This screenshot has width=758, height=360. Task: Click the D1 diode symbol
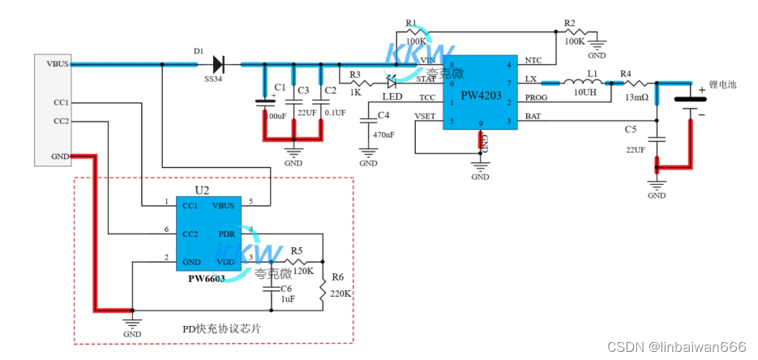click(217, 63)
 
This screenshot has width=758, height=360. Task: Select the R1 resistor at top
click(418, 32)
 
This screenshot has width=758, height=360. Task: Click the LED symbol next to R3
click(392, 81)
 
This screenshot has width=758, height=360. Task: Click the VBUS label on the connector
click(58, 63)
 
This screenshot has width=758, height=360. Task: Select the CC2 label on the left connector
click(61, 121)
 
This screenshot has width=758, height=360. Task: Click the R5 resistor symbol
click(297, 261)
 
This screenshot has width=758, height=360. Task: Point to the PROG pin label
click(536, 98)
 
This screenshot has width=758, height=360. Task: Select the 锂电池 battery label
click(722, 84)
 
